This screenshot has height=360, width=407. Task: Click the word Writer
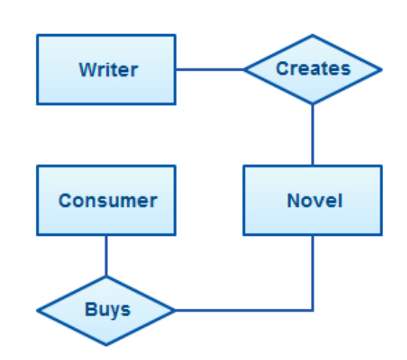[109, 70]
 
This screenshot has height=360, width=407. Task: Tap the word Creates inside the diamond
[313, 68]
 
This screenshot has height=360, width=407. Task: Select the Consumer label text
[108, 201]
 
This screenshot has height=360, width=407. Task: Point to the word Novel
[315, 201]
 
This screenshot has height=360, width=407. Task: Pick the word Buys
[107, 309]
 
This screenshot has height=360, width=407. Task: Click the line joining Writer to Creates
[211, 70]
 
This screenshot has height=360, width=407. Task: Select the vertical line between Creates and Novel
[313, 135]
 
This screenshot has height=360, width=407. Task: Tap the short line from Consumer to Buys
[106, 256]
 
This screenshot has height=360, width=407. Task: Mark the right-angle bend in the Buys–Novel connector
[313, 310]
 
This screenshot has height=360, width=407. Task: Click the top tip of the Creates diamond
[313, 35]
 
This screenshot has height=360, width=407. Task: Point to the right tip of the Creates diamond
[382, 70]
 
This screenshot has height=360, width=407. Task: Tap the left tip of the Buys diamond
[37, 310]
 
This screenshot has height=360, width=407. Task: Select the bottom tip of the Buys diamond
[106, 345]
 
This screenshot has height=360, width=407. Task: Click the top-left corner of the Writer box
[37, 35]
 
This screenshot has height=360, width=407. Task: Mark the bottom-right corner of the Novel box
[382, 235]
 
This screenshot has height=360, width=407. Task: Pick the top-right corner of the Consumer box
[176, 166]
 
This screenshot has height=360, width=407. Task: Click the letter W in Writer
[89, 70]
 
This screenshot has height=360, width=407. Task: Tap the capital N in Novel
[293, 201]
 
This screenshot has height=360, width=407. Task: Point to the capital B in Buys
[91, 309]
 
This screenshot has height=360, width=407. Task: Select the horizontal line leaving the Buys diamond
[244, 310]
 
